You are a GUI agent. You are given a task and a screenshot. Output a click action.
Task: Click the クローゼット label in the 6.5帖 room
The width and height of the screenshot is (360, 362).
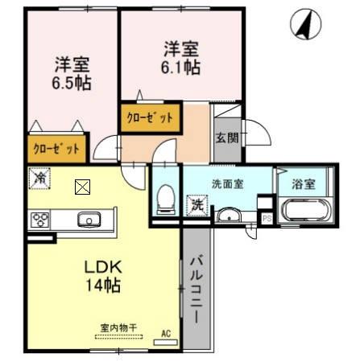[x=56, y=148]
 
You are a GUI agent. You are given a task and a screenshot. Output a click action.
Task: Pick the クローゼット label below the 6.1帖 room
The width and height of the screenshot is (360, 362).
[x=151, y=118]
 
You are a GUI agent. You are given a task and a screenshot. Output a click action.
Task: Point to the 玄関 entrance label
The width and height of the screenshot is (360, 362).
[x=226, y=138]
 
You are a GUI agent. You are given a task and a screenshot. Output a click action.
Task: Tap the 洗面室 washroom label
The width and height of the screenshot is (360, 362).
[x=228, y=183]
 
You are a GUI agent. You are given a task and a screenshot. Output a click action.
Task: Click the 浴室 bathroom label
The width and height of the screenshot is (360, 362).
[x=304, y=184]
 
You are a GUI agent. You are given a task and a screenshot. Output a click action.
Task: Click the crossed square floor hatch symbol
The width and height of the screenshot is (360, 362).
[x=82, y=188]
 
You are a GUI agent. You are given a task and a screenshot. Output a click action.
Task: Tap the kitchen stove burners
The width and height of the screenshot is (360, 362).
[x=41, y=219]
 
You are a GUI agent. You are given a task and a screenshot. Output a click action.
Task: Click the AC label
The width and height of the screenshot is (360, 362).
[x=167, y=333]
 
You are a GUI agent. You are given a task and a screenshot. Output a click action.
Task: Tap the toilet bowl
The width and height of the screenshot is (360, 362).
[x=165, y=196]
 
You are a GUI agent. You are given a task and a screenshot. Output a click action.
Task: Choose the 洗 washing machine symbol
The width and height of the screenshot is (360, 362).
[x=196, y=204]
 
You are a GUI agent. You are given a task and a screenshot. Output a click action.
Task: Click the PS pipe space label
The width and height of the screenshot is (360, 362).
[x=267, y=217]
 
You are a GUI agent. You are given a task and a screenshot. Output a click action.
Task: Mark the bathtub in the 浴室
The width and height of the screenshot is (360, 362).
[x=303, y=212]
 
